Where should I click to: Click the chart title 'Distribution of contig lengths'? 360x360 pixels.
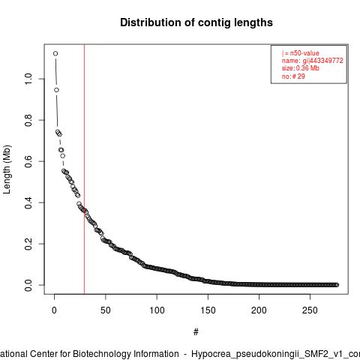pyautogui.click(x=196, y=22)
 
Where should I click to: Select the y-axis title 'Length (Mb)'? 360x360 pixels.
pyautogui.click(x=7, y=169)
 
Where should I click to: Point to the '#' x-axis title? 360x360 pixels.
pyautogui.click(x=196, y=332)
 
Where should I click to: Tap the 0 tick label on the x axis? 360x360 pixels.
pyautogui.click(x=54, y=310)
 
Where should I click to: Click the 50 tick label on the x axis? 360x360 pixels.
pyautogui.click(x=106, y=310)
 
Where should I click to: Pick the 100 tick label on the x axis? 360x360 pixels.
pyautogui.click(x=157, y=310)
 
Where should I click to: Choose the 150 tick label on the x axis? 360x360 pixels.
pyautogui.click(x=208, y=310)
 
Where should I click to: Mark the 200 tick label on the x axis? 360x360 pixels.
pyautogui.click(x=259, y=310)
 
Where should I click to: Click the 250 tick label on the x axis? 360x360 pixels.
pyautogui.click(x=310, y=310)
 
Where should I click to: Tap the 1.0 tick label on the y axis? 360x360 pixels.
pyautogui.click(x=28, y=79)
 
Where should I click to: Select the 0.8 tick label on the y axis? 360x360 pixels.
pyautogui.click(x=28, y=120)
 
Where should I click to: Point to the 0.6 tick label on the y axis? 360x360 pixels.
pyautogui.click(x=28, y=161)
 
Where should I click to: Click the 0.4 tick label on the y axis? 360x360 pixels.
pyautogui.click(x=28, y=202)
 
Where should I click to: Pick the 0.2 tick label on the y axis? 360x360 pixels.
pyautogui.click(x=28, y=244)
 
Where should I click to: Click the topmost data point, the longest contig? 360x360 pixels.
pyautogui.click(x=55, y=53)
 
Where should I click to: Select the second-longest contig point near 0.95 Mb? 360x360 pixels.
pyautogui.click(x=56, y=90)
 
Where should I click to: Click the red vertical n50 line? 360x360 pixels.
pyautogui.click(x=84, y=169)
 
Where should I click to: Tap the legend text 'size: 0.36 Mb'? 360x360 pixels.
pyautogui.click(x=301, y=68)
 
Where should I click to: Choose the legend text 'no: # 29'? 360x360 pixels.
pyautogui.click(x=293, y=76)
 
